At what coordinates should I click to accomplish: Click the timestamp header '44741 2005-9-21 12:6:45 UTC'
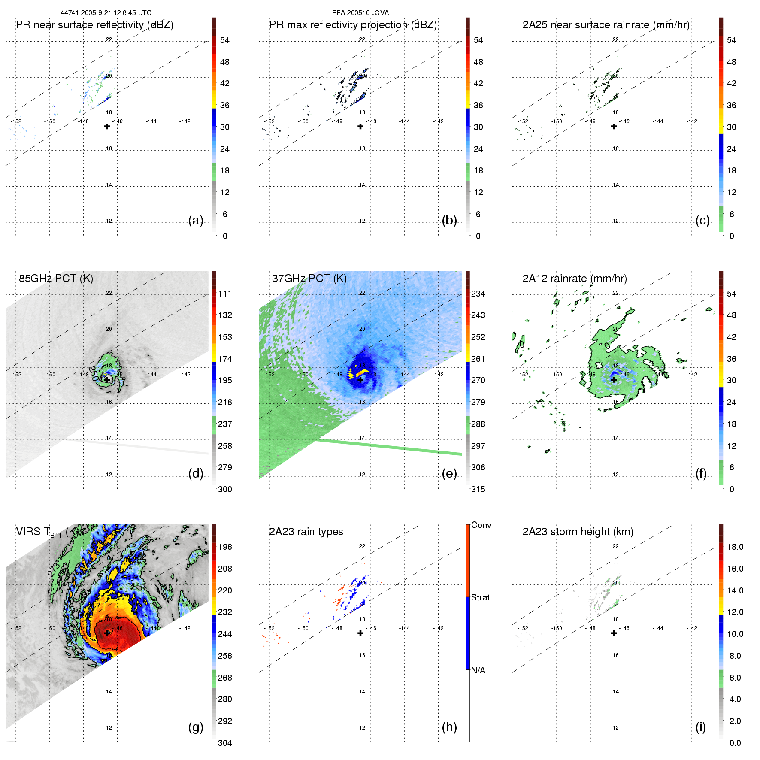click(x=106, y=13)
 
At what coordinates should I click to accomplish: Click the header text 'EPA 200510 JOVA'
click(x=360, y=13)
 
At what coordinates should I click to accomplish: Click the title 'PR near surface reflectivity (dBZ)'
click(x=94, y=25)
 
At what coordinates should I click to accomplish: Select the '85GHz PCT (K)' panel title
click(x=56, y=279)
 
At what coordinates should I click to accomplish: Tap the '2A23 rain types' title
click(x=306, y=532)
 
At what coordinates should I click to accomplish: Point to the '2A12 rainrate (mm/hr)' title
click(x=575, y=279)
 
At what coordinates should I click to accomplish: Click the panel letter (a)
click(x=196, y=221)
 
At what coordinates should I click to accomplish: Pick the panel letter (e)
click(x=449, y=474)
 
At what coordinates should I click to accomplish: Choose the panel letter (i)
click(x=701, y=727)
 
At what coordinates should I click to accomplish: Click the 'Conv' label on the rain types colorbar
click(x=481, y=525)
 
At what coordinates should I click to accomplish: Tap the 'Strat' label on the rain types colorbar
click(x=480, y=598)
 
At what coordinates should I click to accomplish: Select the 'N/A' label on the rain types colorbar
click(x=478, y=670)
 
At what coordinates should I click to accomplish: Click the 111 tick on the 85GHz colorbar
click(x=225, y=294)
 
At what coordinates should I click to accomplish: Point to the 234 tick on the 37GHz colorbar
click(x=478, y=294)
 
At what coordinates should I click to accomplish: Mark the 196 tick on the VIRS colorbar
click(x=225, y=547)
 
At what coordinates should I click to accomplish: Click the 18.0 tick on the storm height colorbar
click(x=735, y=547)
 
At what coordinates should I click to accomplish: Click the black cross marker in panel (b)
click(x=360, y=127)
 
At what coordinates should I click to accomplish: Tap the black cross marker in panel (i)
click(x=614, y=633)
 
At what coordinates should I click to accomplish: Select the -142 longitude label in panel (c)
click(x=692, y=121)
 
